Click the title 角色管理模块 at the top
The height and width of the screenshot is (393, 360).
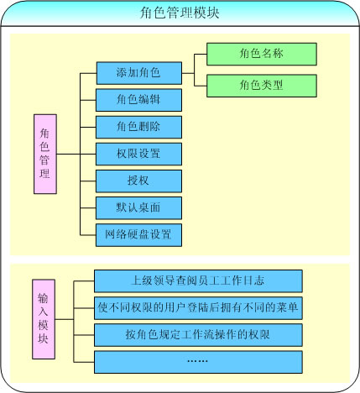pyautogui.click(x=180, y=13)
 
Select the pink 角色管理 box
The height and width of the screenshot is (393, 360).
pyautogui.click(x=45, y=154)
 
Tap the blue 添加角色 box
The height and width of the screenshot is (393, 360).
pyautogui.click(x=139, y=73)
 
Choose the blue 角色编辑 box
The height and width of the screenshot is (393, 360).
pyautogui.click(x=138, y=100)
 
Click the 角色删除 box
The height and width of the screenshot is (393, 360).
pyautogui.click(x=138, y=127)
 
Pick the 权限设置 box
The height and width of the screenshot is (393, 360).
pyautogui.click(x=138, y=154)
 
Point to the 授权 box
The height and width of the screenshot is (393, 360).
pyautogui.click(x=138, y=181)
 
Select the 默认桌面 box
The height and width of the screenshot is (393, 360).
pyautogui.click(x=138, y=207)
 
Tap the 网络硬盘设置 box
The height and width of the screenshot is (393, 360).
pyautogui.click(x=138, y=235)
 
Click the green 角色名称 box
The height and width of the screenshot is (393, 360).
pyautogui.click(x=262, y=54)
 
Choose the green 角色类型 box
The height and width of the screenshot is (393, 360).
pyautogui.click(x=262, y=86)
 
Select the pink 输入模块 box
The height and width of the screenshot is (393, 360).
pyautogui.click(x=44, y=319)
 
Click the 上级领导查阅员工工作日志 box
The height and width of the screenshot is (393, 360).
pyautogui.click(x=198, y=281)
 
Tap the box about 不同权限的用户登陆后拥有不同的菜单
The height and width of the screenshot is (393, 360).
pyautogui.click(x=198, y=308)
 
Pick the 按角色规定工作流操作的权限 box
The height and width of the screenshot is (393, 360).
pyautogui.click(x=198, y=335)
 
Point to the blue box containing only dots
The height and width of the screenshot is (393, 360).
pyautogui.click(x=198, y=362)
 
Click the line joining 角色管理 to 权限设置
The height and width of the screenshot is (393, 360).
pyautogui.click(x=76, y=154)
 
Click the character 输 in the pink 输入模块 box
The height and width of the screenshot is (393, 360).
pyautogui.click(x=44, y=298)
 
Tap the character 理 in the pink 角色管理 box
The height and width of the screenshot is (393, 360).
pyautogui.click(x=44, y=173)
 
